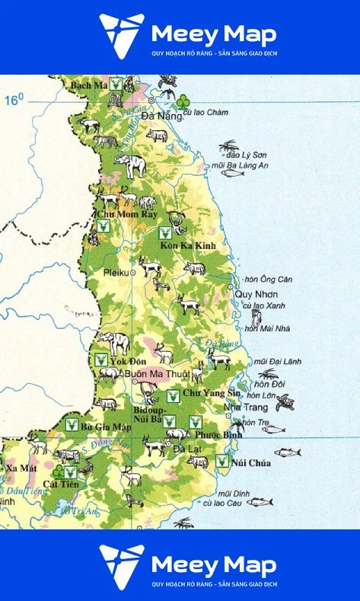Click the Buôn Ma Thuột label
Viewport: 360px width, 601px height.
tap(157, 374)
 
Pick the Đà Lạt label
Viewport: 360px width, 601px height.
tap(185, 449)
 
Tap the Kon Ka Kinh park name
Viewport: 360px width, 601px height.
tap(188, 245)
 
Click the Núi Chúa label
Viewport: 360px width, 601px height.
tap(253, 462)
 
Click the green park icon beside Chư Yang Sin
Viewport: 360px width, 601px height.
tap(173, 395)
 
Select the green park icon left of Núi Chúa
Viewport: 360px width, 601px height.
tap(221, 461)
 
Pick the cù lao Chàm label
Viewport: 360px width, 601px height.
tap(206, 113)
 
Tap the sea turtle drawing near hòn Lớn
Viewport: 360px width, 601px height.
tap(285, 401)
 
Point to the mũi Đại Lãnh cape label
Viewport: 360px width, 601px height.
tap(275, 361)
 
